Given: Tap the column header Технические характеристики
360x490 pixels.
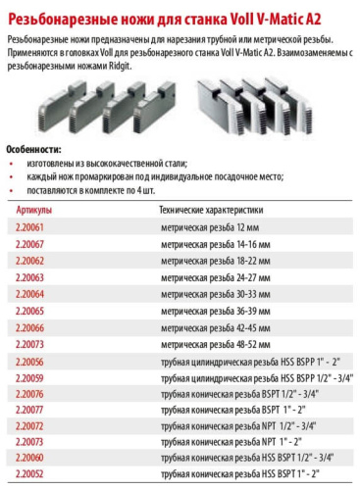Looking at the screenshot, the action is coord(211,209).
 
